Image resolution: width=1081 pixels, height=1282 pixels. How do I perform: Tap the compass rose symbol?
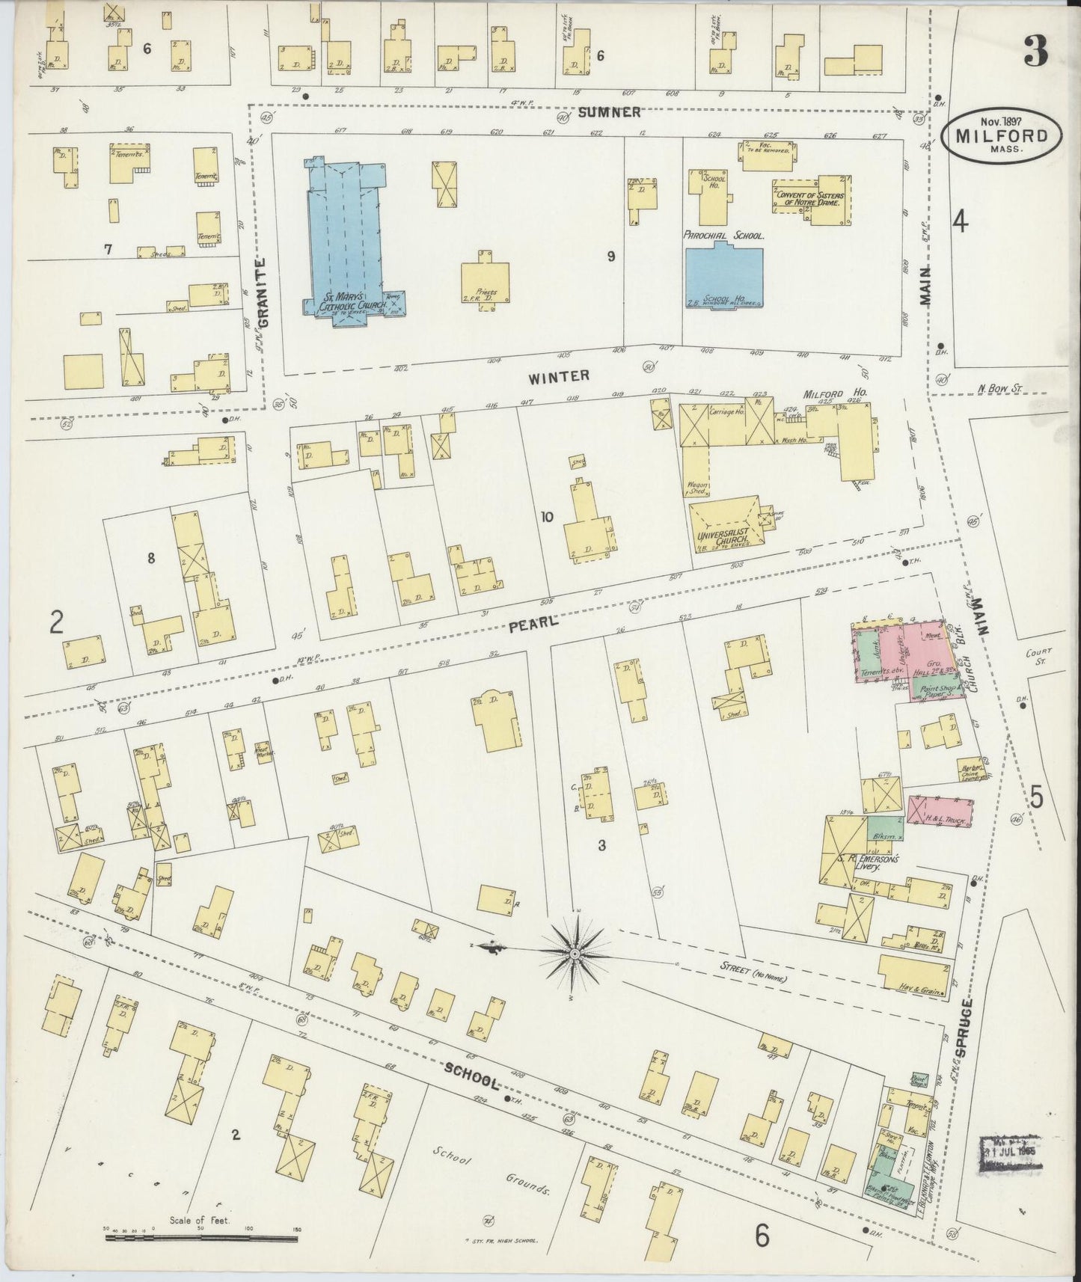(574, 955)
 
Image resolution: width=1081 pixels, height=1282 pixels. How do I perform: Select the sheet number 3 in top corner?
(1035, 51)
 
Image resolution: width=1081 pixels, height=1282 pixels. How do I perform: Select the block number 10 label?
(547, 515)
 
